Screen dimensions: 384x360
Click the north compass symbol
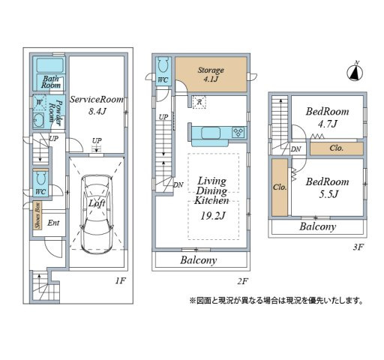pyautogui.click(x=355, y=73)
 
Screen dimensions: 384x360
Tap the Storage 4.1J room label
pyautogui.click(x=211, y=74)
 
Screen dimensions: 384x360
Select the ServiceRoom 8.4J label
pyautogui.click(x=97, y=105)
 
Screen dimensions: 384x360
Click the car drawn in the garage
pyautogui.click(x=97, y=214)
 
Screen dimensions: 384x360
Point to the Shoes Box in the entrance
pyautogui.click(x=37, y=215)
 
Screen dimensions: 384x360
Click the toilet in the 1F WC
pyautogui.click(x=40, y=178)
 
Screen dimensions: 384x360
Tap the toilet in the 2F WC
pyautogui.click(x=163, y=66)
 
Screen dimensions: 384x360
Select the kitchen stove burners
pyautogui.click(x=238, y=132)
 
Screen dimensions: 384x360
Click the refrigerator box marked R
pyautogui.click(x=199, y=102)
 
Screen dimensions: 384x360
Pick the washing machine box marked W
pyautogui.click(x=39, y=103)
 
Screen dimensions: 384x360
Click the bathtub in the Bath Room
pyautogui.click(x=50, y=65)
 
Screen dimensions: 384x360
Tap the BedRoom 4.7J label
pyautogui.click(x=327, y=117)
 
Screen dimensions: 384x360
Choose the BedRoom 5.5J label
pyautogui.click(x=327, y=187)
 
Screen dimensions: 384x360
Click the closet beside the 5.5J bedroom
pyautogui.click(x=280, y=187)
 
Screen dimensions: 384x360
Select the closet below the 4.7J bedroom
pyautogui.click(x=337, y=148)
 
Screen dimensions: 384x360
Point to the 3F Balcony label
pyautogui.click(x=317, y=226)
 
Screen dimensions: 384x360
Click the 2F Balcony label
pyautogui.click(x=198, y=260)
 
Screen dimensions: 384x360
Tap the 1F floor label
pyautogui.click(x=120, y=280)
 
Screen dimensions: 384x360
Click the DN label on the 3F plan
pyautogui.click(x=295, y=149)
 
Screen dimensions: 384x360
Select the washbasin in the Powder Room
pyautogui.click(x=38, y=120)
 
